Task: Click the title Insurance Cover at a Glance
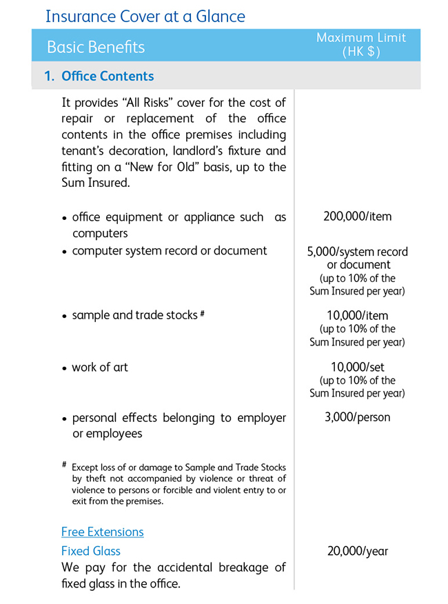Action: pyautogui.click(x=145, y=15)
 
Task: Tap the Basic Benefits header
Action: pyautogui.click(x=96, y=47)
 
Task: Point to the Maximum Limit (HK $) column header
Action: pyautogui.click(x=361, y=45)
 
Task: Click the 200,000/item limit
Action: pyautogui.click(x=357, y=217)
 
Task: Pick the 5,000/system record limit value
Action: pyautogui.click(x=357, y=252)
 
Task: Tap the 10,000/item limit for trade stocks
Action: pyautogui.click(x=357, y=316)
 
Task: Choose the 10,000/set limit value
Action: pyautogui.click(x=357, y=368)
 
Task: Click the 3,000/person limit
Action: pyautogui.click(x=357, y=417)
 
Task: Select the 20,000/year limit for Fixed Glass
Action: pyautogui.click(x=357, y=551)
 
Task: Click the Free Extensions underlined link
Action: pyautogui.click(x=102, y=532)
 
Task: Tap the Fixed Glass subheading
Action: pyautogui.click(x=90, y=551)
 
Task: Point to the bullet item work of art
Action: pyautogui.click(x=100, y=368)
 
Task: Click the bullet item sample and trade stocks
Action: pyautogui.click(x=134, y=316)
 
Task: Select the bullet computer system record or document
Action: pyautogui.click(x=169, y=251)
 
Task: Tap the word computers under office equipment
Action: pyautogui.click(x=100, y=234)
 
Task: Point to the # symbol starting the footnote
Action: pyautogui.click(x=64, y=465)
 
